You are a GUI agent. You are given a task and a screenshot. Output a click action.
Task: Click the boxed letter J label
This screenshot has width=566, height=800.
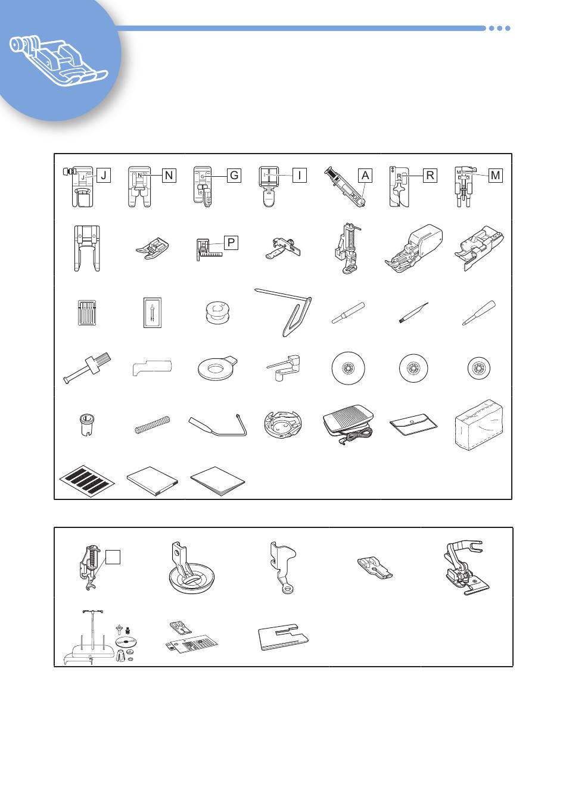click(x=104, y=176)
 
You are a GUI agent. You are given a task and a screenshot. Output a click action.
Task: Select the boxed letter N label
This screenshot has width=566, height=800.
click(x=169, y=176)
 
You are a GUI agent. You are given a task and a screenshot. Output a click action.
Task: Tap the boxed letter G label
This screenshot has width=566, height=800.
click(x=234, y=176)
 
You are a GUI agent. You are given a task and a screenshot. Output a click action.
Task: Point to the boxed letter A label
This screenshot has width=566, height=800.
click(x=365, y=176)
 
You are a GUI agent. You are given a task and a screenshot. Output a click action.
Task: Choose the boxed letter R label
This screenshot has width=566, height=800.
click(x=430, y=176)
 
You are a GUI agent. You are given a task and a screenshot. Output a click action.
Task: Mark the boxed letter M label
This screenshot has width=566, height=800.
click(x=496, y=176)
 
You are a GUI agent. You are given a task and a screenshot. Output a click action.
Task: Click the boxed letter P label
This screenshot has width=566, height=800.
click(x=231, y=242)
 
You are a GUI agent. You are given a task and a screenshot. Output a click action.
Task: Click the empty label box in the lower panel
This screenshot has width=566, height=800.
click(x=113, y=557)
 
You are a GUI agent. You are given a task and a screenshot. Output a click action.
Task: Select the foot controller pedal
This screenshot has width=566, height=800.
click(x=349, y=425)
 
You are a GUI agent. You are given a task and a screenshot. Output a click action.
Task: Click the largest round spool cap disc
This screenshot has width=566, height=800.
click(x=348, y=368)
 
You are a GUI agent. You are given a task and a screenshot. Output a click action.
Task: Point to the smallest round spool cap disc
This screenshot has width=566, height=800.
click(x=479, y=368)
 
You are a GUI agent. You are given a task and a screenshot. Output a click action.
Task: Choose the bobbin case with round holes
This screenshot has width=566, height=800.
click(x=282, y=424)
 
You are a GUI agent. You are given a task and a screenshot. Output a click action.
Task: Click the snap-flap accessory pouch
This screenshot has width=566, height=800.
click(x=413, y=424)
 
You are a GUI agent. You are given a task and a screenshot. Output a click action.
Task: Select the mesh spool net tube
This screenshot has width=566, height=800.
click(x=152, y=424)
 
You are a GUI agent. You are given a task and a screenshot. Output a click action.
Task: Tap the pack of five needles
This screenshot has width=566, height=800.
click(x=88, y=312)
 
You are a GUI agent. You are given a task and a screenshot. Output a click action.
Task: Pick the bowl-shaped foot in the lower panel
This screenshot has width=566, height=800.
click(x=192, y=568)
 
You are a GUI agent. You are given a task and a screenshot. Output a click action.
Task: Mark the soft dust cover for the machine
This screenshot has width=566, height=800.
click(x=479, y=425)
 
